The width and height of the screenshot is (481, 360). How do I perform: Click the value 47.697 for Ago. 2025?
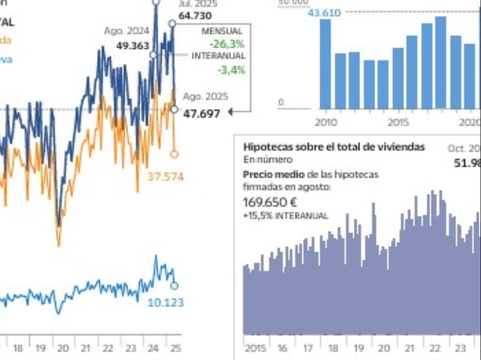click(201, 114)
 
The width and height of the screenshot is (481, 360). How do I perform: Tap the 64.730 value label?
click(197, 15)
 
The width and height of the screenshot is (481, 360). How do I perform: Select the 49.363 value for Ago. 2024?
click(132, 46)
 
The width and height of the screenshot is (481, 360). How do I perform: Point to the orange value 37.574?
click(165, 177)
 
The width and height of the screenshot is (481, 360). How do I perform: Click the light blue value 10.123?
click(165, 303)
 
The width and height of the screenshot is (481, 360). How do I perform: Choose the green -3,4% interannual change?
click(231, 70)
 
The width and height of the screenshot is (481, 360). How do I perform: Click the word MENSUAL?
click(222, 31)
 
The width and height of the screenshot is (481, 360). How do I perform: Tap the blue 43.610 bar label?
click(324, 13)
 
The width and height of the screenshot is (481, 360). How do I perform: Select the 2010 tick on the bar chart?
click(326, 123)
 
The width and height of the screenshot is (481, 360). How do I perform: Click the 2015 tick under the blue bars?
click(398, 123)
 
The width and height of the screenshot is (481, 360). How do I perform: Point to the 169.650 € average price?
click(270, 203)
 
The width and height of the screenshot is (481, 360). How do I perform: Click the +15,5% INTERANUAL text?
click(286, 216)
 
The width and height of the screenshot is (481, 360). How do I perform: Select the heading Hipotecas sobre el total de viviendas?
click(334, 147)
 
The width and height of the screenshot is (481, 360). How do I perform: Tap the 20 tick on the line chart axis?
click(62, 349)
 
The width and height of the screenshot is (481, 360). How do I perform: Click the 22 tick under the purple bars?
click(435, 349)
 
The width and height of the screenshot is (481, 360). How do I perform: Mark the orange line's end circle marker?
click(174, 154)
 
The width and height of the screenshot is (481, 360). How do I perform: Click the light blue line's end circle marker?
click(174, 285)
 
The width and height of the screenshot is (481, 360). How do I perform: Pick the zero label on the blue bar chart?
click(281, 102)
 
